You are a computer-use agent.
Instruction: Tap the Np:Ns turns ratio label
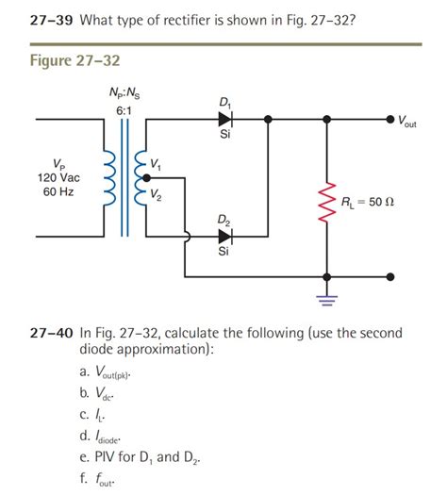point(127,91)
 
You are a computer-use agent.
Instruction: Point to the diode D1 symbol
point(224,120)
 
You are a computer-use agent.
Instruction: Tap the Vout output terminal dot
point(389,120)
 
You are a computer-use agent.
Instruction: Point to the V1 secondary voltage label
point(157,167)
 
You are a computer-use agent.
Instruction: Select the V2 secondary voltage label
point(157,196)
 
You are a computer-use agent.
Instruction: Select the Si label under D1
point(223,136)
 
